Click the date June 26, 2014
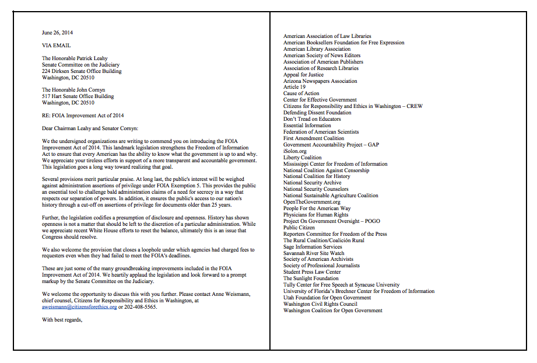tap(58, 32)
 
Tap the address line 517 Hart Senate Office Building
tap(78, 96)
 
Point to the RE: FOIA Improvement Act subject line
tap(83, 115)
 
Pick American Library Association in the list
tap(317, 49)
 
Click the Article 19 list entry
tap(294, 87)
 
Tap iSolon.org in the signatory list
tap(295, 151)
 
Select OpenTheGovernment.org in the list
tap(312, 202)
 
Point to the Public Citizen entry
tap(299, 228)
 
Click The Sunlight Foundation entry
tap(311, 278)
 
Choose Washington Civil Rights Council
tap(320, 304)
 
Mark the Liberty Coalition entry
tap(302, 158)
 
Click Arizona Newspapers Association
tap(320, 81)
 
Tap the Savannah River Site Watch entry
tap(314, 253)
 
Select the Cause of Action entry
tap(301, 93)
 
